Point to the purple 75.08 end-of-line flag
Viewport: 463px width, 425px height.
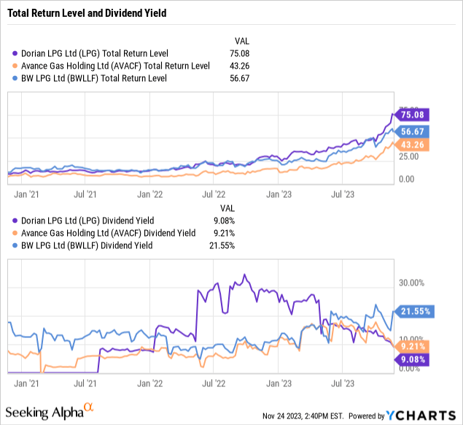pos(412,114)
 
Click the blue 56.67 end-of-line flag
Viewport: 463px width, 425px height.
pos(412,132)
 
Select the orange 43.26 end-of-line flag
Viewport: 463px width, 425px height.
pos(412,145)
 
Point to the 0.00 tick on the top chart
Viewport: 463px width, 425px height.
pos(406,179)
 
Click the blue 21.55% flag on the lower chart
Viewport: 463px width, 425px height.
pos(413,311)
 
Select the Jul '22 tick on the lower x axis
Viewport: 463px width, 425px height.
pos(213,382)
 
